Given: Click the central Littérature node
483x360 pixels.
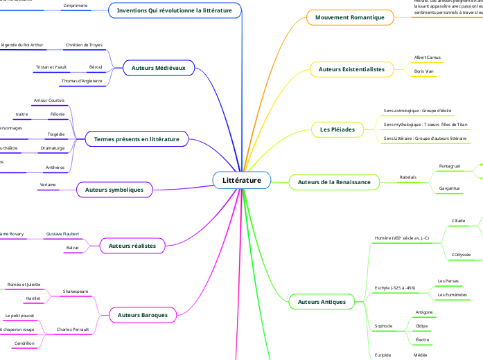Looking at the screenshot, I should pyautogui.click(x=242, y=180).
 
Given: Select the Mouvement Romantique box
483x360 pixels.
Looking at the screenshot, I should pyautogui.click(x=349, y=17).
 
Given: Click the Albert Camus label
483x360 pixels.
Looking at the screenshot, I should pyautogui.click(x=426, y=57).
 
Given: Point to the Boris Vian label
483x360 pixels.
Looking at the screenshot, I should pyautogui.click(x=423, y=71).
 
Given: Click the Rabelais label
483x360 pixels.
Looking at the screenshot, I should pyautogui.click(x=408, y=177).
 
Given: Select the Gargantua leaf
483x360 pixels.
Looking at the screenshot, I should pyautogui.click(x=450, y=188).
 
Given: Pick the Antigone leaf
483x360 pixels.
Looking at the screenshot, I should pyautogui.click(x=423, y=312).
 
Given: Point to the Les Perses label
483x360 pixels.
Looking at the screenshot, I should pyautogui.click(x=448, y=281).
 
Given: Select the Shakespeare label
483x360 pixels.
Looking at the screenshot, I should pyautogui.click(x=76, y=291).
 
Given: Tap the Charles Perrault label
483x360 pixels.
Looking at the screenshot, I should pyautogui.click(x=75, y=330).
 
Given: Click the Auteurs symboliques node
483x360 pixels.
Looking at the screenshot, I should pyautogui.click(x=114, y=188).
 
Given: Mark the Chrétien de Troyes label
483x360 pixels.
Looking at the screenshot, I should pyautogui.click(x=83, y=45).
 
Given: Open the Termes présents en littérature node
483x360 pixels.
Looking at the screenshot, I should pyautogui.click(x=137, y=139).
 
